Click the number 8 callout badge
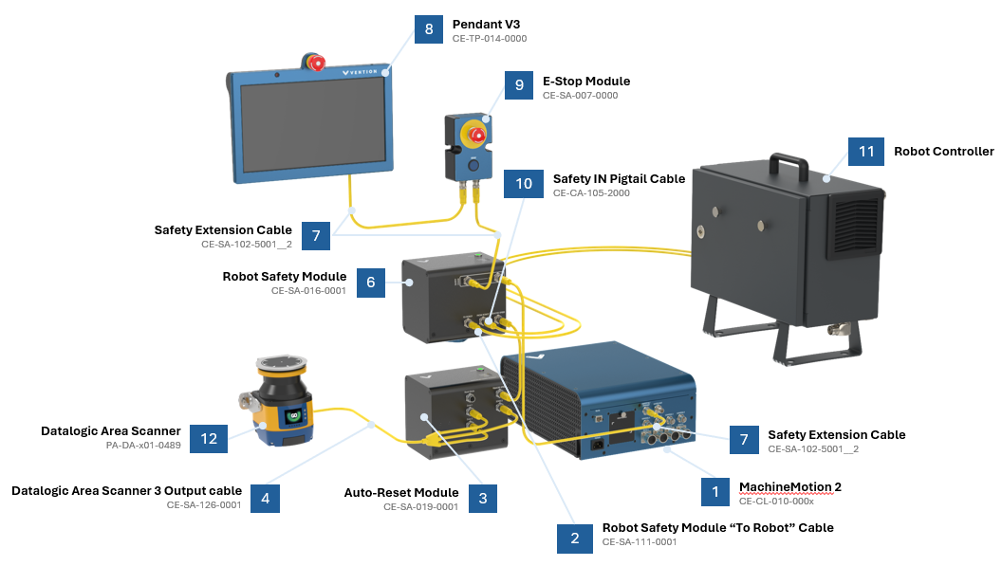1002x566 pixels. point(429,29)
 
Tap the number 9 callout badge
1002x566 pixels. point(519,85)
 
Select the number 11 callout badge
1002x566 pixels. point(866,152)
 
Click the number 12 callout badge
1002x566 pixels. point(209,438)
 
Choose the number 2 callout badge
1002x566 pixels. point(575,537)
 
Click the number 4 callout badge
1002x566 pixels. point(266,499)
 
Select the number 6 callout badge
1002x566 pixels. point(371,283)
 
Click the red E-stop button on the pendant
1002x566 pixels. point(316,64)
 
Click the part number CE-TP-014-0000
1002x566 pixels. point(489,39)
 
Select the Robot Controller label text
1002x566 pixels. point(943,152)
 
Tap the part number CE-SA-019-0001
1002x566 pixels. point(421,507)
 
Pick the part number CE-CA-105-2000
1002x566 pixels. point(591,193)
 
